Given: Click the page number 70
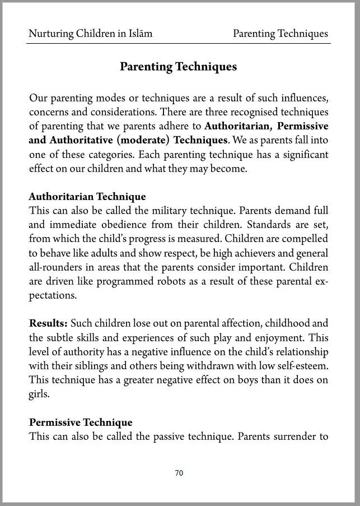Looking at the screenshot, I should pos(179,473).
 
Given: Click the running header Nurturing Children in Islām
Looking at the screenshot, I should pos(90,34).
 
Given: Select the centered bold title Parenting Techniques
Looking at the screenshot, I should pos(178,67).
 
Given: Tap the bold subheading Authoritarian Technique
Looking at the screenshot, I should pos(87,197).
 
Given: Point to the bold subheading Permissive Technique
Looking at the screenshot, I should pos(81,423).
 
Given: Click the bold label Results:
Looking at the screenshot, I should pos(48,323).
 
